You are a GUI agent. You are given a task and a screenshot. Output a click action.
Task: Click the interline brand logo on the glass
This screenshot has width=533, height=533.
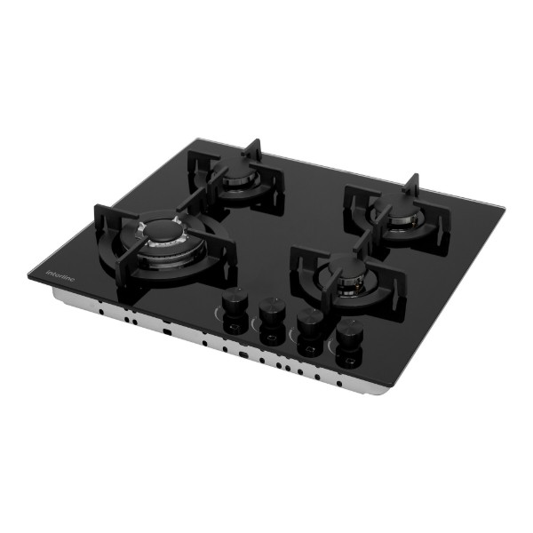(x=60, y=276)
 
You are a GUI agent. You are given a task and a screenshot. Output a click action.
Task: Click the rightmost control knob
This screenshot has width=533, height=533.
(x=349, y=333)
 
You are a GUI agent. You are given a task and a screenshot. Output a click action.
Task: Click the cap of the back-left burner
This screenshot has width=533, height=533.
(x=235, y=169)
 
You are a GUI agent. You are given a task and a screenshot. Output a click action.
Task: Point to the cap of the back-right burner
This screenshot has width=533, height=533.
(x=394, y=203)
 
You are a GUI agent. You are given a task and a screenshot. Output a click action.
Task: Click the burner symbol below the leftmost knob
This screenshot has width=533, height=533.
(x=234, y=327)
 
